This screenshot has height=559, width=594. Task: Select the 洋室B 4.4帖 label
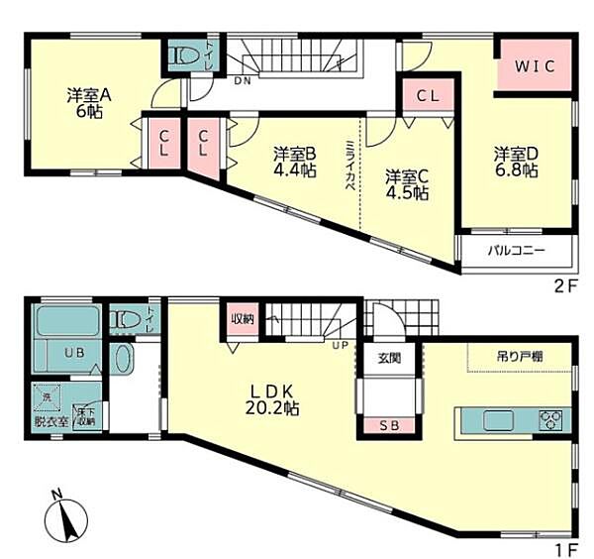[x=294, y=162]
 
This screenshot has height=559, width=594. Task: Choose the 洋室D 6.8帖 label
[x=516, y=162]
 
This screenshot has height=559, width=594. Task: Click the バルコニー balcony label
[x=516, y=251]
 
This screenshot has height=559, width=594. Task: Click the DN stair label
[x=242, y=82]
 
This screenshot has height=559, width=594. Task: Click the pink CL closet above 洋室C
[x=428, y=97]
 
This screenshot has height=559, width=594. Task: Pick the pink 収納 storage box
[x=243, y=318]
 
